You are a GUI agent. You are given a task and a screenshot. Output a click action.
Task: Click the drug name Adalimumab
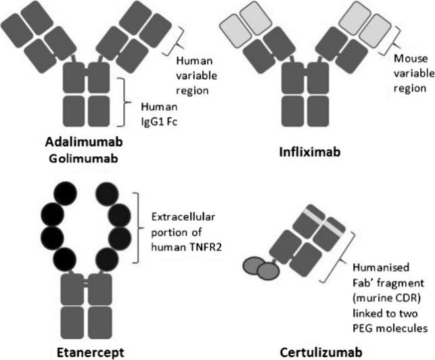(x=84, y=142)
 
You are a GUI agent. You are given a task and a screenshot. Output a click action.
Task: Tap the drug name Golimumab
(x=83, y=158)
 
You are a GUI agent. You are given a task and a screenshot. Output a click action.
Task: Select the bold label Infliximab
(x=310, y=152)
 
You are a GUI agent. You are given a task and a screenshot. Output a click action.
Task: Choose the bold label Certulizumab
(x=321, y=353)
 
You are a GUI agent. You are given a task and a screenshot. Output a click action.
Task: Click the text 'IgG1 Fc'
(x=159, y=122)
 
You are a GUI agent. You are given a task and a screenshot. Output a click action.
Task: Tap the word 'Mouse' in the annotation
(x=411, y=59)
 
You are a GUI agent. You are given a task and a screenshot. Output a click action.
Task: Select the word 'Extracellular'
(x=183, y=217)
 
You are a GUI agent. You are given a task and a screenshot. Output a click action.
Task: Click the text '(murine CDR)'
(x=387, y=298)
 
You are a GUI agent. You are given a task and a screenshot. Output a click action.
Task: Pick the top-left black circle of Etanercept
(x=65, y=194)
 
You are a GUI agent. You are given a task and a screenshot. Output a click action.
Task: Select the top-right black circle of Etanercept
(x=107, y=194)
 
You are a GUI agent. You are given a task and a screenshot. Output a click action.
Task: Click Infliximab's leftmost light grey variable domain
(x=235, y=30)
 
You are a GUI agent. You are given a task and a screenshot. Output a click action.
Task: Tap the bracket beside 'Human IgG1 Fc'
(x=124, y=102)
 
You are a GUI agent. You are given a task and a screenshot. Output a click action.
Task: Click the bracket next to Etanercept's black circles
(x=138, y=227)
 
